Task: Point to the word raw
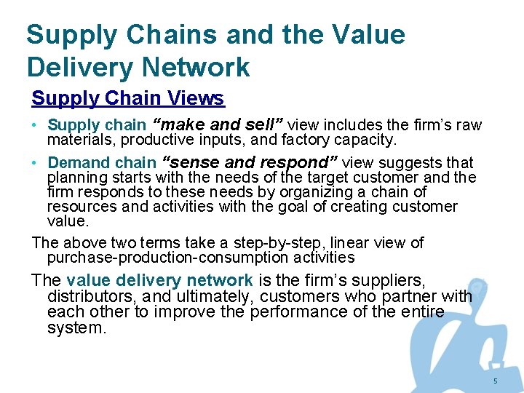469,125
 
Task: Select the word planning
75,178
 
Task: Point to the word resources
79,207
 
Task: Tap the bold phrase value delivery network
159,280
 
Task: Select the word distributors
89,296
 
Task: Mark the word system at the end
76,328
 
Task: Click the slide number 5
495,381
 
